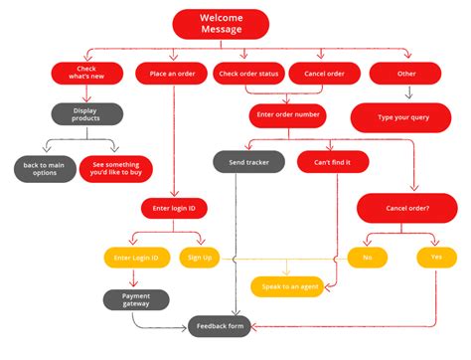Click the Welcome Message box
pyautogui.click(x=221, y=24)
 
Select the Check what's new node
pyautogui.click(x=85, y=74)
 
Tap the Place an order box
pyautogui.click(x=173, y=74)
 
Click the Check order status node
pyautogui.click(x=248, y=74)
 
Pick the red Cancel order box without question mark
pyautogui.click(x=324, y=74)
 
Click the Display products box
pyautogui.click(x=86, y=114)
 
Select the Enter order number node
pyautogui.click(x=287, y=115)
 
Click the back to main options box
pyautogui.click(x=44, y=168)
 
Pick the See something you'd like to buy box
pyautogui.click(x=116, y=168)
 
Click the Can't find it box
pyautogui.click(x=326, y=161)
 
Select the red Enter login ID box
pyautogui.click(x=173, y=208)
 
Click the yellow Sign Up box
pyautogui.click(x=199, y=258)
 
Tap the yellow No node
pyautogui.click(x=367, y=258)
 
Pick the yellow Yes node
pyautogui.click(x=436, y=258)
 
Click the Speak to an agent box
pyautogui.click(x=287, y=286)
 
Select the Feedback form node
pyautogui.click(x=221, y=324)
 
